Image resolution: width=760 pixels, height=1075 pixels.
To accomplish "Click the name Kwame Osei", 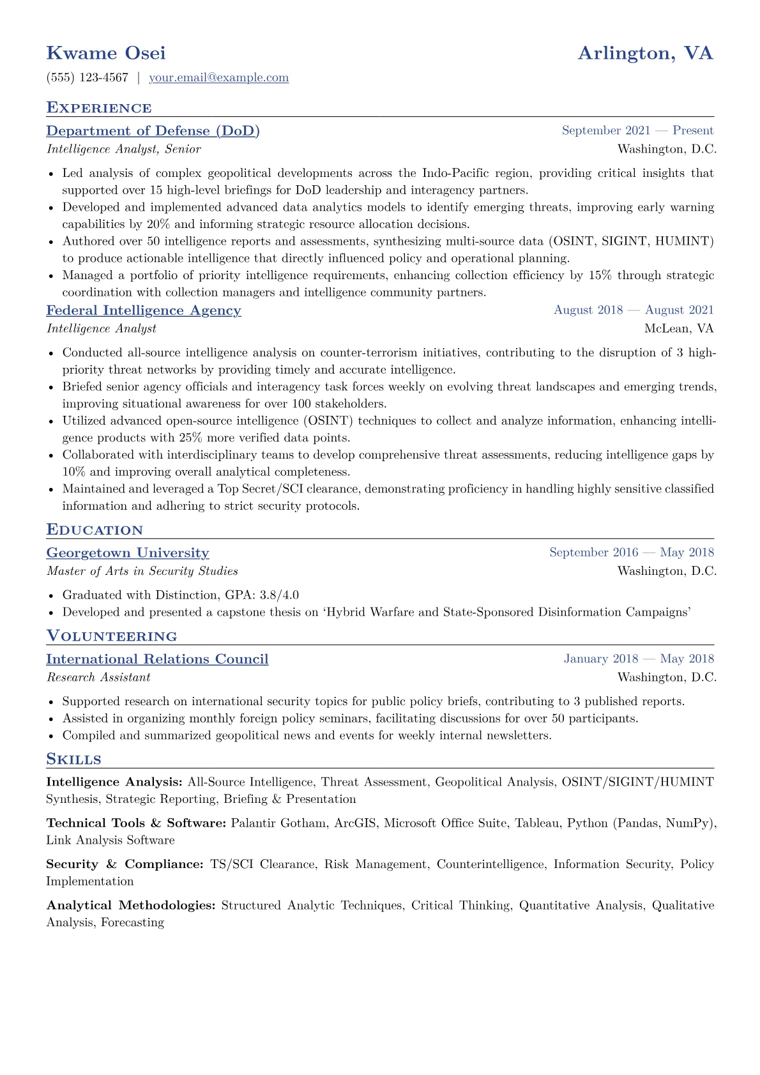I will click(106, 53).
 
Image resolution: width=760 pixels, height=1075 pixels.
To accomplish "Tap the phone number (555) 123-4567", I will click(87, 78).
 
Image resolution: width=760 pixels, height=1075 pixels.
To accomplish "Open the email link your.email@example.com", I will click(218, 78).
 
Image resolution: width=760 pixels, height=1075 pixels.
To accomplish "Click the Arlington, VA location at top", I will click(645, 53).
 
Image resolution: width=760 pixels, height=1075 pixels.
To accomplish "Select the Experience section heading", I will click(99, 108).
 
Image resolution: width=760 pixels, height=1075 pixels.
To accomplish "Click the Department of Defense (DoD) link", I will click(153, 131).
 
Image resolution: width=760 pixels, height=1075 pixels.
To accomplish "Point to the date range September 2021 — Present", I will click(637, 131).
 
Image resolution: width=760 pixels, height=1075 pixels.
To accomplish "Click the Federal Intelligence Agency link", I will click(144, 310).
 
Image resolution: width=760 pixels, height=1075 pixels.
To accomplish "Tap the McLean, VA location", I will click(679, 329).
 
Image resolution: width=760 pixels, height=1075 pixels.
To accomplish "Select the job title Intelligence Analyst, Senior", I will click(124, 149).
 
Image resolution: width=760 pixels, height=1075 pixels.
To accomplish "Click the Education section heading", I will click(95, 530).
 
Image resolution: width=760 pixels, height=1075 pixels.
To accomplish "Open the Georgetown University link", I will click(128, 553).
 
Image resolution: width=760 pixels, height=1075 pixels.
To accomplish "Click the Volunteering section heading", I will click(112, 637).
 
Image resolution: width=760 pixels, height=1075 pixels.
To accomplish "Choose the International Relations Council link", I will click(157, 659).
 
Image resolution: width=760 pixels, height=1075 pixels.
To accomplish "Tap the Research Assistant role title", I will click(98, 678).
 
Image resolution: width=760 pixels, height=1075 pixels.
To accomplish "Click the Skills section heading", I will click(74, 759).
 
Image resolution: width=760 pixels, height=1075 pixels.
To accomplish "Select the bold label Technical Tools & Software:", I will click(136, 823).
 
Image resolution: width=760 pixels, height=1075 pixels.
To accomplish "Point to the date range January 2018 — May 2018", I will click(639, 659).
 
